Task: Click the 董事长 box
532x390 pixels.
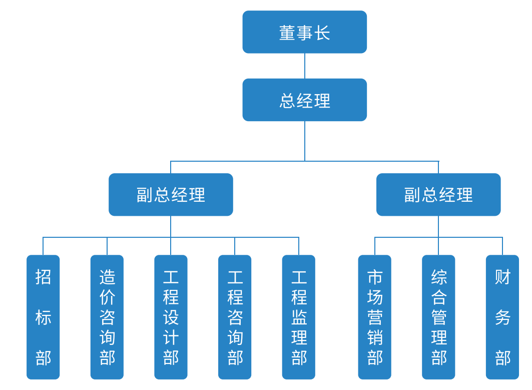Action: (304, 32)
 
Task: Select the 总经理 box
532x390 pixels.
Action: (304, 100)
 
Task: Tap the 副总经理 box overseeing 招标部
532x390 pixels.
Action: (171, 195)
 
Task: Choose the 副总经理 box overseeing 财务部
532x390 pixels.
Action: (438, 195)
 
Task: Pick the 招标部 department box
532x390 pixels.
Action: (43, 317)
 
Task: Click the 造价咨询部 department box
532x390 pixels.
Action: (107, 317)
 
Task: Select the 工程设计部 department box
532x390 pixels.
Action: (171, 317)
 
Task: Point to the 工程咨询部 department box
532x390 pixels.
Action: (235, 317)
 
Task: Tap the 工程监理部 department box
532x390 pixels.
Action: (299, 317)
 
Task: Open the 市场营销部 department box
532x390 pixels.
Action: (374, 317)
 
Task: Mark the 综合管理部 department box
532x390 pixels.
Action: (438, 317)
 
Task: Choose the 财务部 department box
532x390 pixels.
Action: (502, 317)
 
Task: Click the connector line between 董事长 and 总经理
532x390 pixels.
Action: (305, 66)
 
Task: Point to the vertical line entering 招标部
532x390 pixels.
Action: (43, 246)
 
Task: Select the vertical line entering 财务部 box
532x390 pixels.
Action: (502, 246)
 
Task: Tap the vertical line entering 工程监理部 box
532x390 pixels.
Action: (299, 246)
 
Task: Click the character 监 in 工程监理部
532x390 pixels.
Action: (299, 317)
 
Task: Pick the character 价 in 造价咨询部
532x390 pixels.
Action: (107, 297)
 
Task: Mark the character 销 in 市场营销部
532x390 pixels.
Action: (374, 337)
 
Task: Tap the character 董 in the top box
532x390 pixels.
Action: (287, 33)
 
